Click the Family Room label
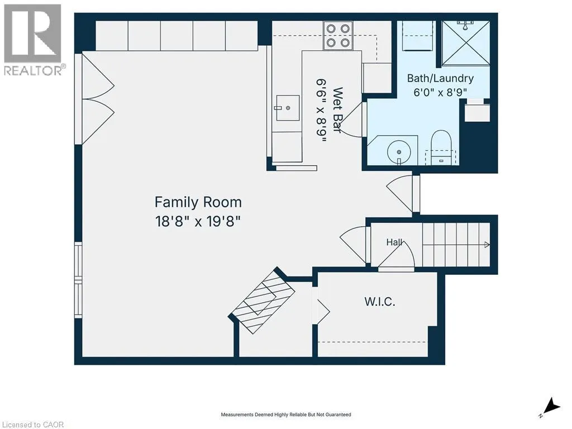pyautogui.click(x=198, y=202)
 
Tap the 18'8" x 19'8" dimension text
pyautogui.click(x=198, y=221)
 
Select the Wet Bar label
pyautogui.click(x=337, y=110)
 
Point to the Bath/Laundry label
pyautogui.click(x=440, y=78)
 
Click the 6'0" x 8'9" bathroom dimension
pyautogui.click(x=440, y=92)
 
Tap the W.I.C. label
pyautogui.click(x=380, y=302)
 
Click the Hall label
pyautogui.click(x=394, y=242)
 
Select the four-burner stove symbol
pyautogui.click(x=338, y=35)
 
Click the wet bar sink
pyautogui.click(x=288, y=108)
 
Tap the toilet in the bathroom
pyautogui.click(x=441, y=147)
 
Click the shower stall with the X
pyautogui.click(x=466, y=44)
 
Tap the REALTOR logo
pyautogui.click(x=33, y=40)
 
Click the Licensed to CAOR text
pyautogui.click(x=32, y=425)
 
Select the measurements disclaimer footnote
pyautogui.click(x=286, y=414)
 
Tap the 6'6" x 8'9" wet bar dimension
pyautogui.click(x=321, y=110)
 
